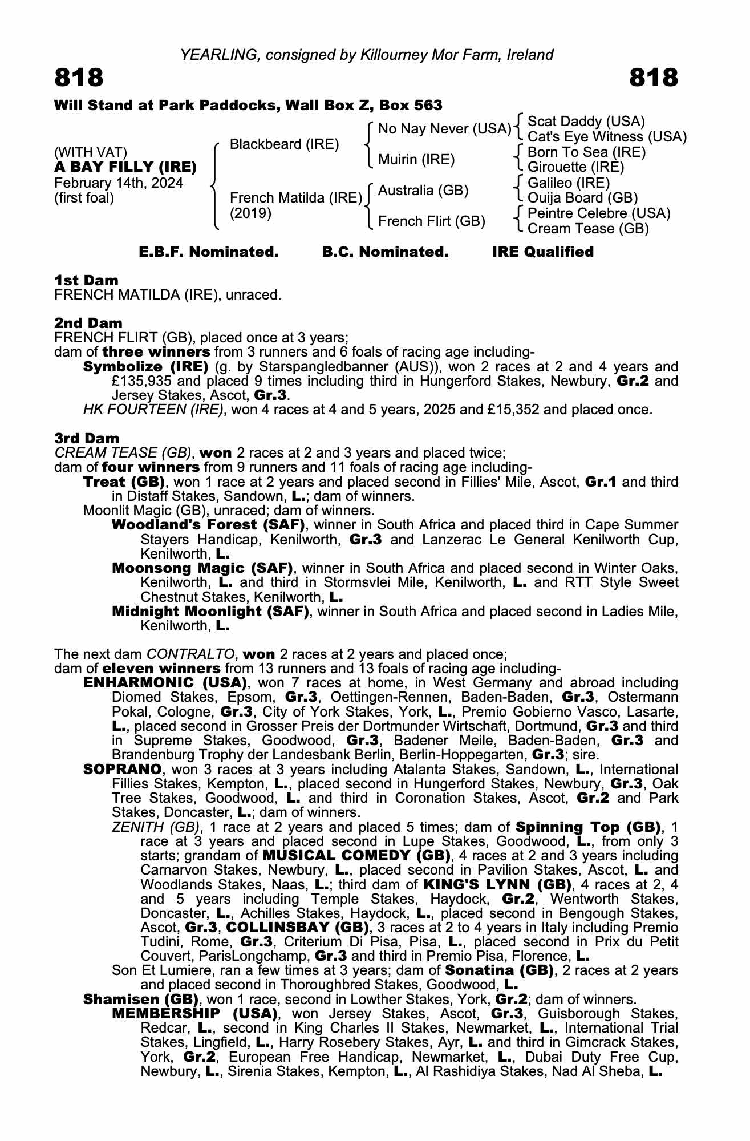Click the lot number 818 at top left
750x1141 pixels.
pos(79,78)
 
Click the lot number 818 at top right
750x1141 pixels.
pos(654,78)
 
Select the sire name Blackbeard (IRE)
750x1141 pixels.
pos(284,144)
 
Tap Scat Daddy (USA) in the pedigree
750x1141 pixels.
pos(586,122)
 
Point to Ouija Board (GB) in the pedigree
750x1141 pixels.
pos(582,198)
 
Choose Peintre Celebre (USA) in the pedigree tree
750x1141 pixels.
pos(599,213)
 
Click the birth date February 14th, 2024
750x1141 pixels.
pos(119,183)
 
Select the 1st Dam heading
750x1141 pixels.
pos(86,280)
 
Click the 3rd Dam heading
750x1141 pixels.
pos(87,438)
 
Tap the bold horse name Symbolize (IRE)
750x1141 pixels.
pos(145,367)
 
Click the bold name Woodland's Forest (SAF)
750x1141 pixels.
pos(208,525)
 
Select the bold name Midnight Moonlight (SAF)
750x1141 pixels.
pos(210,612)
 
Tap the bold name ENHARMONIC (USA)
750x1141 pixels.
pos(165,683)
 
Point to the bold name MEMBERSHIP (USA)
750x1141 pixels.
pos(194,1014)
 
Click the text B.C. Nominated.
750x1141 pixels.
pos(385,252)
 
